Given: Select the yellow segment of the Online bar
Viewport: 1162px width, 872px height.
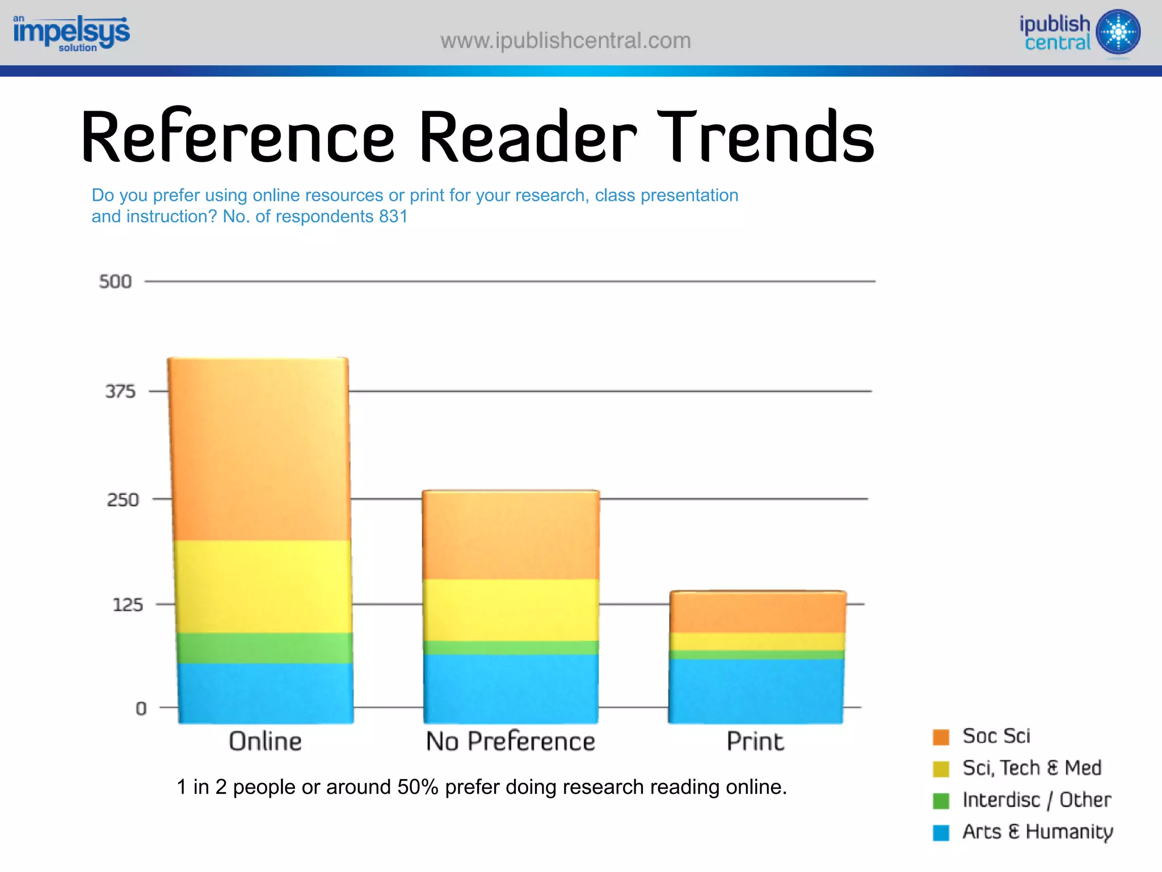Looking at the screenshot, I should [x=262, y=586].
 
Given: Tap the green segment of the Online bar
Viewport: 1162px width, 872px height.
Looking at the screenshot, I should [x=264, y=648].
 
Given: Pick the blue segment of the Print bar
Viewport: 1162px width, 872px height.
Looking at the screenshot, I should [x=756, y=690].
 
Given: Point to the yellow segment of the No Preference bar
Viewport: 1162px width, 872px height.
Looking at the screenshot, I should [x=511, y=610].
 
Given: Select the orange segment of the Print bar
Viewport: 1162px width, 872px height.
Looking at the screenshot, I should [x=758, y=612].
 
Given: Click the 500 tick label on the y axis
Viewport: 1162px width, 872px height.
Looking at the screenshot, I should [x=115, y=281].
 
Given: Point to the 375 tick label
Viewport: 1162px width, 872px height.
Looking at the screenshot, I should [x=120, y=391].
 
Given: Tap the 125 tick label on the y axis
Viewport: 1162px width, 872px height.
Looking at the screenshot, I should [x=128, y=605].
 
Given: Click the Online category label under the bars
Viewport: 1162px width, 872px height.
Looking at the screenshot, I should [x=265, y=742].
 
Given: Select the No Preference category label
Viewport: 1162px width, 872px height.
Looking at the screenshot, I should [x=511, y=742].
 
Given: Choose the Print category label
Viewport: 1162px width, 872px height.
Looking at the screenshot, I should [x=755, y=742].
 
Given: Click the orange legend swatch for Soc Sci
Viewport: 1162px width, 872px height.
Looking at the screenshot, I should [x=941, y=737].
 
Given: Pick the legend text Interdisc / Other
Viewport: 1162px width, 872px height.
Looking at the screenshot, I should [x=1037, y=800].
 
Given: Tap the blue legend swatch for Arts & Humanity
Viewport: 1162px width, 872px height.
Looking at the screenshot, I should [x=941, y=832].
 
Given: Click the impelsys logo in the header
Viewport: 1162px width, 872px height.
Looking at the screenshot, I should [x=71, y=33].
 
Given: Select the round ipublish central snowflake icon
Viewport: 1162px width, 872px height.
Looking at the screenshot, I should [x=1118, y=32].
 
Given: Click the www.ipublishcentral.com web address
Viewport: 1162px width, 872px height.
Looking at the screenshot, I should [x=566, y=41].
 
